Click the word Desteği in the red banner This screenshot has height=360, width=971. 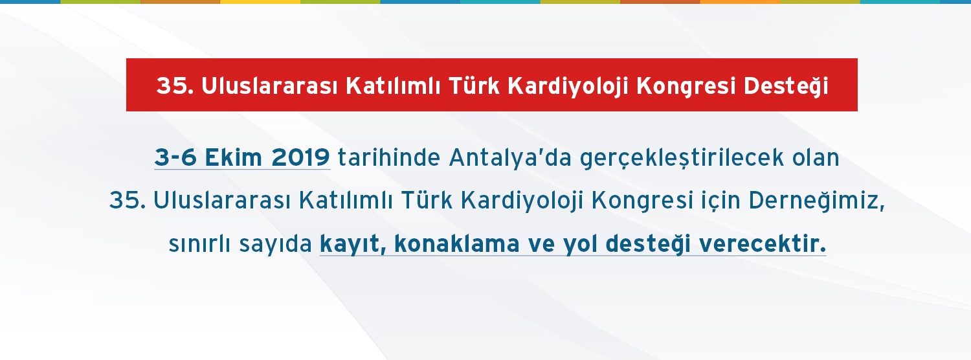[786, 86]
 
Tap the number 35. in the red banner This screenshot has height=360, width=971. [175, 86]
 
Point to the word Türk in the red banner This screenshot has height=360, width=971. [474, 85]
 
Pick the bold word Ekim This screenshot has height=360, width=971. [233, 157]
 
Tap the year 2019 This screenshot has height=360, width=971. [301, 157]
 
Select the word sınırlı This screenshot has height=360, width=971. [199, 243]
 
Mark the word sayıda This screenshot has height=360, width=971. [276, 245]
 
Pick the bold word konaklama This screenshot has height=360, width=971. [457, 243]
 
